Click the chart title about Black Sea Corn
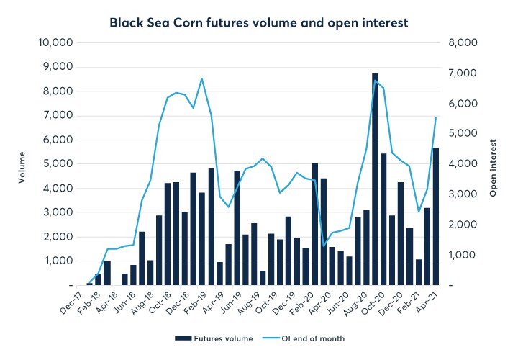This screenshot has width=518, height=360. (259, 23)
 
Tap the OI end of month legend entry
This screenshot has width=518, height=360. (307, 336)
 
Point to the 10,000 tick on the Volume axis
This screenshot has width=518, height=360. (55, 42)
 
